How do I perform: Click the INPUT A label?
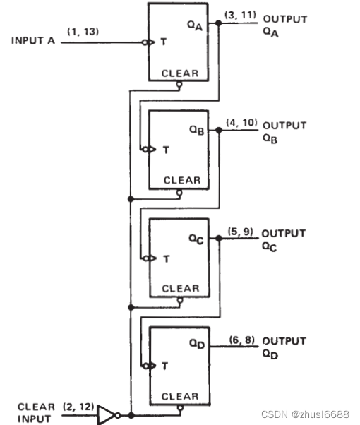pyautogui.click(x=33, y=41)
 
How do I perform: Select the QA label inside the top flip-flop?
pyautogui.click(x=195, y=26)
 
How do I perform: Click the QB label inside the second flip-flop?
pyautogui.click(x=196, y=130)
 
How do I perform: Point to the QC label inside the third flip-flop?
pyautogui.click(x=196, y=239)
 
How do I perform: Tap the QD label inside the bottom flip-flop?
pyautogui.click(x=197, y=344)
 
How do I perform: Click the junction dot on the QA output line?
pyautogui.click(x=219, y=23)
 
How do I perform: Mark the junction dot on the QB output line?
pyautogui.click(x=219, y=131)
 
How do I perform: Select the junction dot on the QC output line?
pyautogui.click(x=219, y=238)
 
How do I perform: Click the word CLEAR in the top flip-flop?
pyautogui.click(x=180, y=73)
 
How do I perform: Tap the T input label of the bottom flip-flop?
pyautogui.click(x=164, y=366)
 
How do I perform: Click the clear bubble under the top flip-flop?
pyautogui.click(x=179, y=84)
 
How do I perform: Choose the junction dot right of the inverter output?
pyautogui.click(x=131, y=415)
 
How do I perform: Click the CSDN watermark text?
pyautogui.click(x=305, y=414)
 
